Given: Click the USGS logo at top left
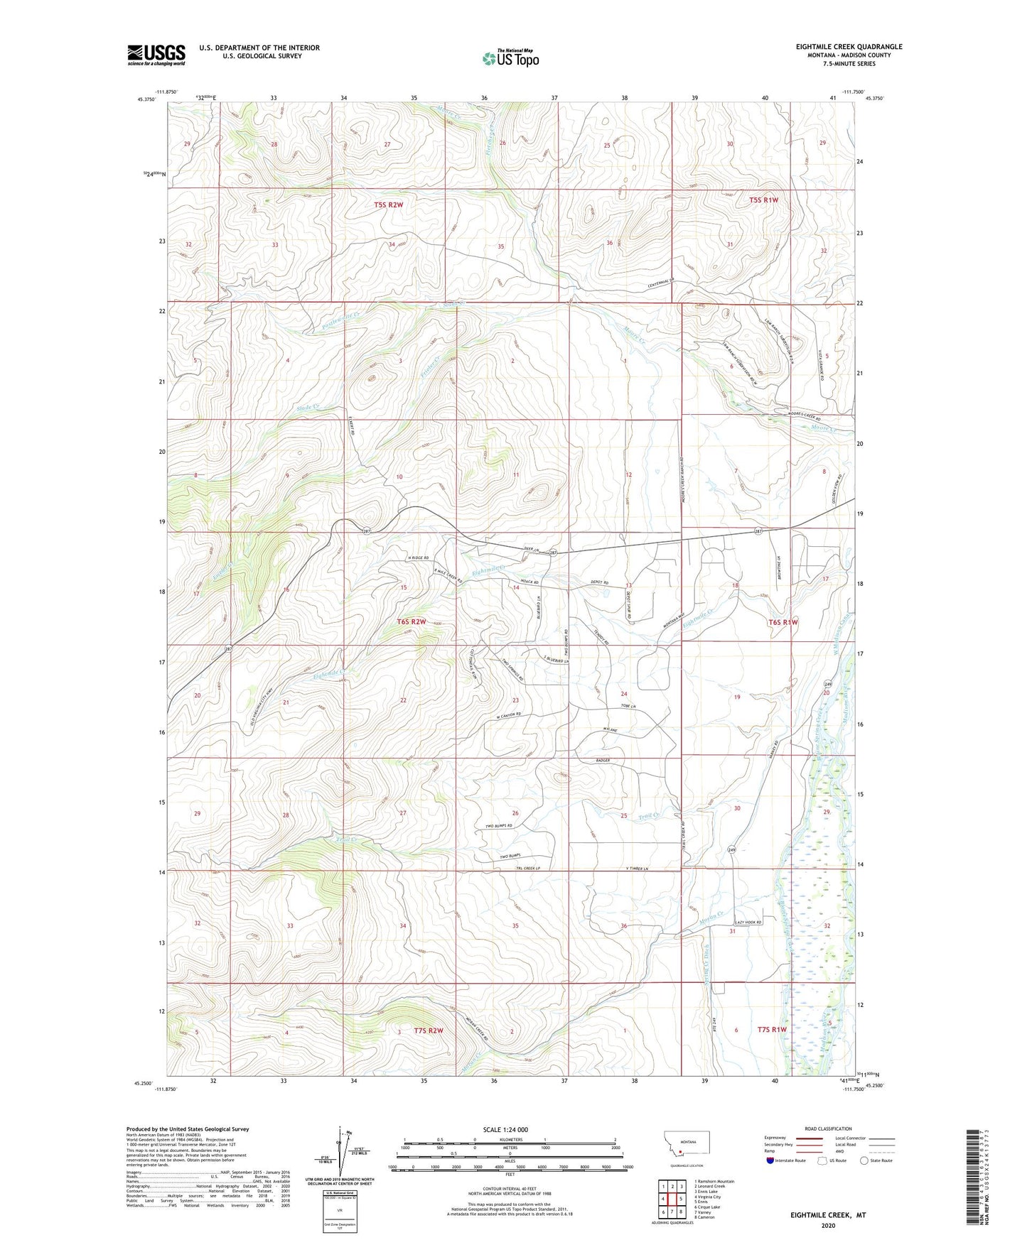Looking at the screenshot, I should tap(156, 55).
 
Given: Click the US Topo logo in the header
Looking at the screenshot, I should tap(509, 58).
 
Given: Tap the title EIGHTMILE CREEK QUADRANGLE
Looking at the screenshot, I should tap(849, 47).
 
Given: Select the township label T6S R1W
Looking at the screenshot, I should tap(783, 622).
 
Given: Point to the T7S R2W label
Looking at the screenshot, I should tap(429, 1030).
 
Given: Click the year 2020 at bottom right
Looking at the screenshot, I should tap(828, 1225).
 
